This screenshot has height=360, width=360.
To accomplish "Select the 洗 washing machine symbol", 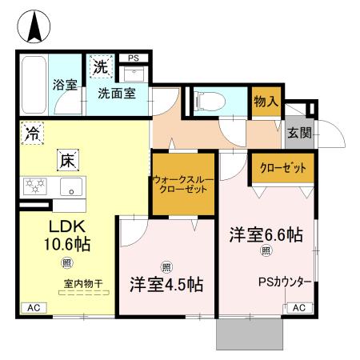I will pyautogui.click(x=102, y=67).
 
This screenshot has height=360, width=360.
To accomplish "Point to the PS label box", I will pyautogui.click(x=134, y=58).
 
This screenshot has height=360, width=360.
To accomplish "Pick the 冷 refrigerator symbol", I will pyautogui.click(x=33, y=134).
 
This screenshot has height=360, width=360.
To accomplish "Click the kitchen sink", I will pyautogui.click(x=72, y=190).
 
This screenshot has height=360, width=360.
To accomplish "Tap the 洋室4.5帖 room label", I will pyautogui.click(x=166, y=284).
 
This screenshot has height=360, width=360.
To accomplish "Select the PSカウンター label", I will pyautogui.click(x=283, y=282).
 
